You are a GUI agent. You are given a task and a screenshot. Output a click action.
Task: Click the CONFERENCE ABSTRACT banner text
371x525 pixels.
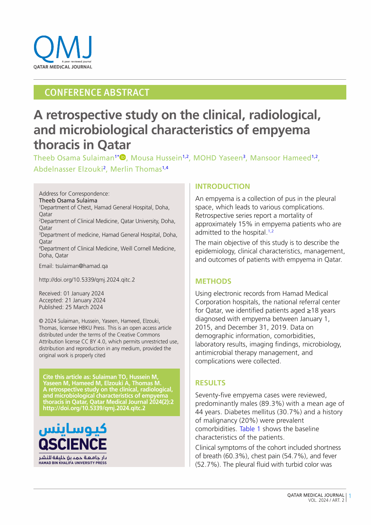(x=97, y=92)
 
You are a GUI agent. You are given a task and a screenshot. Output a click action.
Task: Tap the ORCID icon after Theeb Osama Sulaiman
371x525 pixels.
(x=123, y=158)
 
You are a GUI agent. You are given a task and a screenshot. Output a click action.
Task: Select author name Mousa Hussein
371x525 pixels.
(x=156, y=158)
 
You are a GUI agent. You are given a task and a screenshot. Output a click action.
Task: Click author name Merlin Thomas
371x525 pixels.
(x=136, y=169)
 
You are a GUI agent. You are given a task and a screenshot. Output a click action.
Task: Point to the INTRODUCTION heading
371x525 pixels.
(x=223, y=186)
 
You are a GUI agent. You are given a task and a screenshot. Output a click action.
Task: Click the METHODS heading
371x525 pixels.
(x=213, y=281)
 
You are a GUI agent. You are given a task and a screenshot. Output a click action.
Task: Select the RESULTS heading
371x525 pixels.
(x=210, y=383)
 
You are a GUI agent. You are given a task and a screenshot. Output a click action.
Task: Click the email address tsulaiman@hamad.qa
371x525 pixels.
(x=82, y=266)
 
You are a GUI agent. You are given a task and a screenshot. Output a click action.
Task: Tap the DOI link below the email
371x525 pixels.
(x=87, y=280)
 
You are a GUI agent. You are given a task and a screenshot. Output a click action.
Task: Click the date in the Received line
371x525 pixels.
(x=84, y=293)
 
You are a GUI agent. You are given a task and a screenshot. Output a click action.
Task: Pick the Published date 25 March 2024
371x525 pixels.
(x=84, y=307)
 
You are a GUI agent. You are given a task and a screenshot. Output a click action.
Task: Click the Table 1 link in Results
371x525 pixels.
(x=250, y=429)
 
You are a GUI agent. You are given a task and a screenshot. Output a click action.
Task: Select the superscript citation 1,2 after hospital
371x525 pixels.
(x=271, y=231)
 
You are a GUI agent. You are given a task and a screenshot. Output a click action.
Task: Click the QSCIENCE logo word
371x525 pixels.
(x=73, y=444)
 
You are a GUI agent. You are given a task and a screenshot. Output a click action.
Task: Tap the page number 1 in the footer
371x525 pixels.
(x=350, y=497)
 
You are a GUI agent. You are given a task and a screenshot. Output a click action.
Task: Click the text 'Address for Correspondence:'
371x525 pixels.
(x=74, y=193)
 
